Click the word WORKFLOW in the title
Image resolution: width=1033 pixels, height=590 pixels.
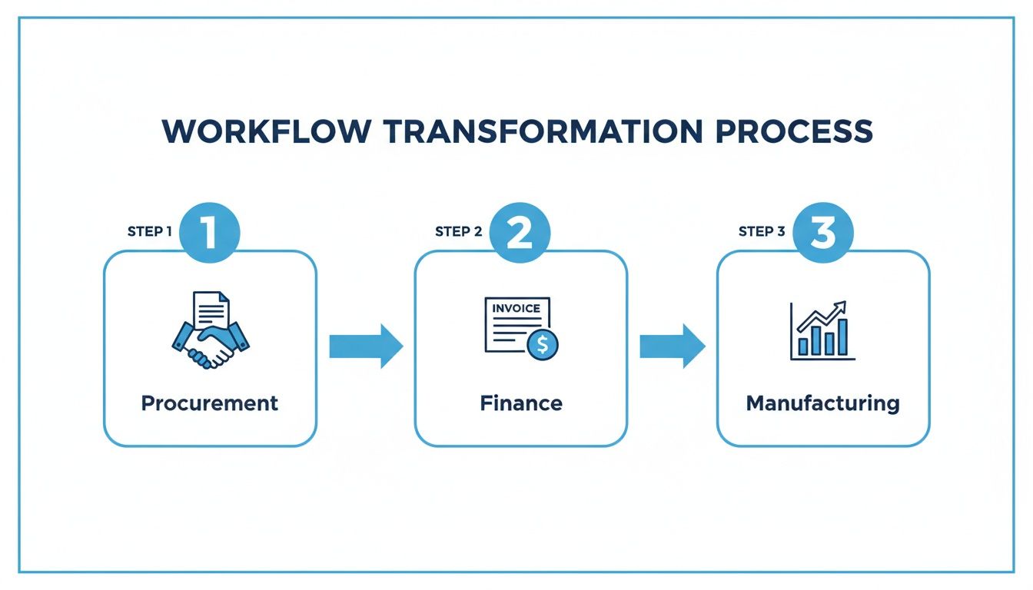coord(267,131)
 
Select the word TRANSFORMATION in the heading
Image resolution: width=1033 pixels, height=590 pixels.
coord(543,131)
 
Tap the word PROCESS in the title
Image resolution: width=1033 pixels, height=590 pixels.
coord(794,131)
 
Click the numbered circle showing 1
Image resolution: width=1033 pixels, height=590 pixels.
coord(210,233)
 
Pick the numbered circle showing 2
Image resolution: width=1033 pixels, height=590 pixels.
coord(520,233)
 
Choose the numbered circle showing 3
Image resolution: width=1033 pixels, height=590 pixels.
coord(823,233)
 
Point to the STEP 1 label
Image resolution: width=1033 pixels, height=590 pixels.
coord(149,231)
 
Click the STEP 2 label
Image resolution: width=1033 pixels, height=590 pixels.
coord(458,231)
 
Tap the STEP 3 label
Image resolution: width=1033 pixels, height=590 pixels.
coord(762,231)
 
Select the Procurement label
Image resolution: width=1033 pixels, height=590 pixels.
coord(210,403)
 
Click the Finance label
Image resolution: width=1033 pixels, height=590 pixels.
coord(521,403)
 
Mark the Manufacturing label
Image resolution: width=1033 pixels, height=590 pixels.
coord(823,404)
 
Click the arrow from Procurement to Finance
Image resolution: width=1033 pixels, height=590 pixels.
coord(366,346)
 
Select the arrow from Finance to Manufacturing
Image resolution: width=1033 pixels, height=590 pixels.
coord(673,346)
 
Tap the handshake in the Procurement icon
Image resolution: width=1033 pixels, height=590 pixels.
coord(211,346)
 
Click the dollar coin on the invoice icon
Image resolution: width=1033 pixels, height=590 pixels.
coord(543,344)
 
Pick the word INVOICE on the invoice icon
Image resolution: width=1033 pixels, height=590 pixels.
coord(516,308)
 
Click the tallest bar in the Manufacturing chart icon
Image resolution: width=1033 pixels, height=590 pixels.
coord(842,337)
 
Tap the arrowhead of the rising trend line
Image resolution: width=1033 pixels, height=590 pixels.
coord(840,307)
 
